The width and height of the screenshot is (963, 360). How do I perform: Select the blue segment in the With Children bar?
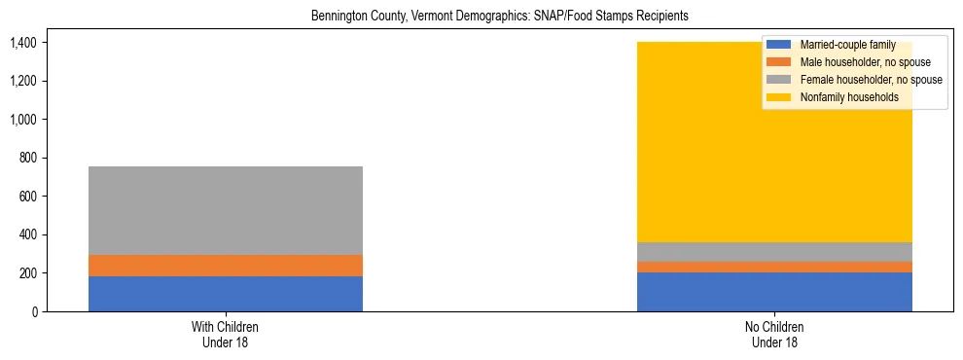tap(226, 294)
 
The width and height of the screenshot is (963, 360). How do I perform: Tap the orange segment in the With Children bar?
tap(226, 266)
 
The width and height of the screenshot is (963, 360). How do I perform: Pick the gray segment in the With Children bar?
tap(226, 210)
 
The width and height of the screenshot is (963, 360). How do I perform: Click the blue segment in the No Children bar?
tap(774, 292)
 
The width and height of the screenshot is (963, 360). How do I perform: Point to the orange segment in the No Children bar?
tap(774, 267)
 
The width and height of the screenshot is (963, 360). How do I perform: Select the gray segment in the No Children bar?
tap(774, 251)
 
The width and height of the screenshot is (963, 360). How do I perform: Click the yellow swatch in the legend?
tap(779, 97)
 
